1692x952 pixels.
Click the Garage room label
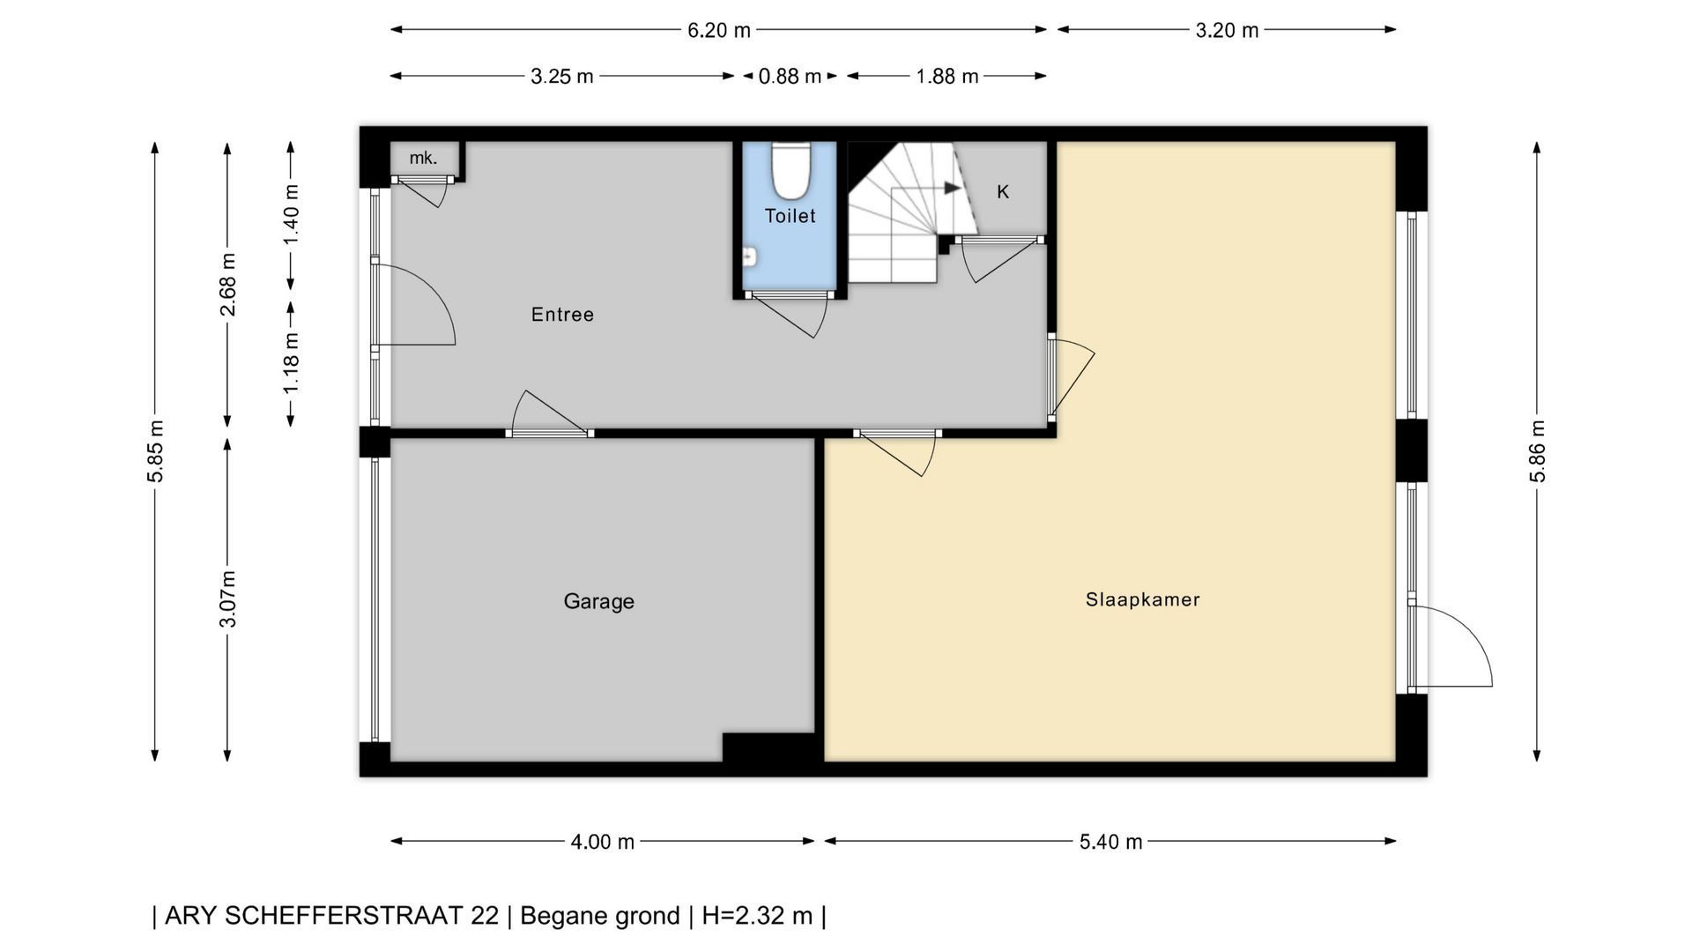pyautogui.click(x=598, y=601)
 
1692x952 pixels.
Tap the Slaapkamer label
pyautogui.click(x=1142, y=599)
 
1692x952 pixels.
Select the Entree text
pyautogui.click(x=562, y=315)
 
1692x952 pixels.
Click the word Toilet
pyautogui.click(x=790, y=216)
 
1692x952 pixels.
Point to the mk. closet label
pyautogui.click(x=423, y=158)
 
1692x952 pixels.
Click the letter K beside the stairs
pyautogui.click(x=1003, y=191)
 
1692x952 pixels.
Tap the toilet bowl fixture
pyautogui.click(x=790, y=170)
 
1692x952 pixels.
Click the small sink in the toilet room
pyautogui.click(x=749, y=257)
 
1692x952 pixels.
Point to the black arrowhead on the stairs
pyautogui.click(x=952, y=188)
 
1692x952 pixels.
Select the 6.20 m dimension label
pyautogui.click(x=719, y=30)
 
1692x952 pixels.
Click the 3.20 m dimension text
pyautogui.click(x=1227, y=30)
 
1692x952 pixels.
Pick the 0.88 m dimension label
pyautogui.click(x=790, y=77)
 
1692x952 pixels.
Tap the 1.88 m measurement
pyautogui.click(x=946, y=77)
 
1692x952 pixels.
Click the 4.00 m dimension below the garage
pyautogui.click(x=602, y=842)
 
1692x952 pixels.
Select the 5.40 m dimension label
pyautogui.click(x=1110, y=842)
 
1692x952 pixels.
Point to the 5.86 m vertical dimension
pyautogui.click(x=1537, y=450)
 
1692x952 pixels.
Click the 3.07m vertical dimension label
pyautogui.click(x=227, y=599)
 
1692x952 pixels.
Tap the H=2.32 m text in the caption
pyautogui.click(x=757, y=916)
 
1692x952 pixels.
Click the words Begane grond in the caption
pyautogui.click(x=600, y=916)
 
